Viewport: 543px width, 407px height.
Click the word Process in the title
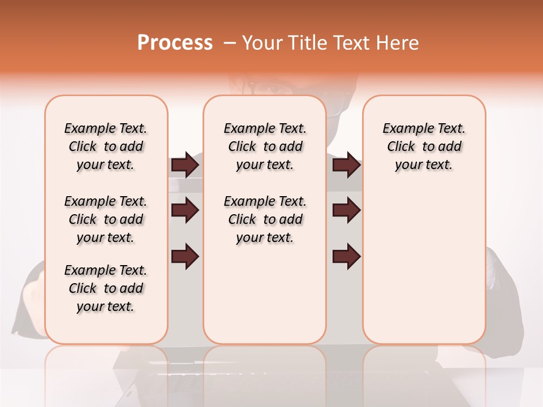click(175, 43)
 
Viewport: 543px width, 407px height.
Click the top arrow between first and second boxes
click(185, 165)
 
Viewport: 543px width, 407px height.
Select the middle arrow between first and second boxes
click(185, 211)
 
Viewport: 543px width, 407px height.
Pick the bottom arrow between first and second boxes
click(185, 256)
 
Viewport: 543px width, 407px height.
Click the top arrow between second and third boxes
click(346, 165)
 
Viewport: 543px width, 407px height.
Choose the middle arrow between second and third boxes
click(346, 211)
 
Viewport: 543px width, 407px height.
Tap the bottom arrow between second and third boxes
click(346, 256)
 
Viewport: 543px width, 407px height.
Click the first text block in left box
click(106, 146)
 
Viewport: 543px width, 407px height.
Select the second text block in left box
click(106, 219)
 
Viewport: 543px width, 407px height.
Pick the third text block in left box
click(106, 288)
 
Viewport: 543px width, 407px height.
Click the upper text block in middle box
click(265, 146)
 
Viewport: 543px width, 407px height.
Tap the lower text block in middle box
click(265, 219)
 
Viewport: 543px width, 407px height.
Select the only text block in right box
click(424, 146)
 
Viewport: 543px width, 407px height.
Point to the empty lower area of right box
click(424, 266)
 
